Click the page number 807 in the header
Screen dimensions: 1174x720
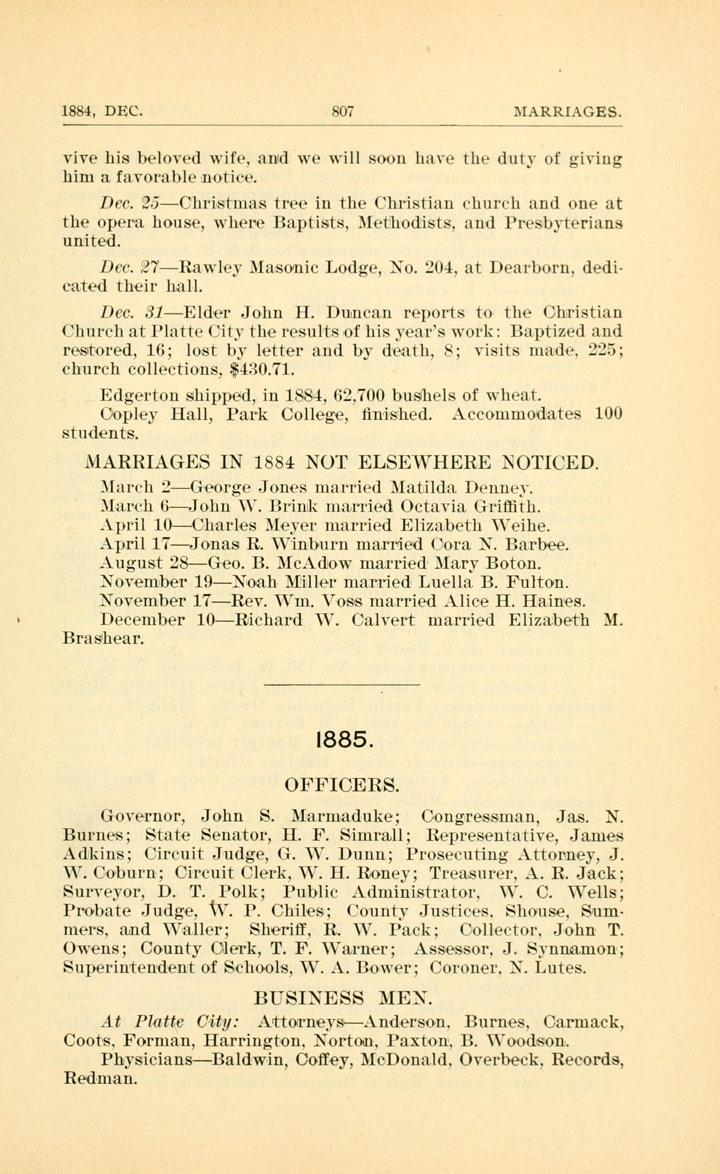point(342,112)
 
